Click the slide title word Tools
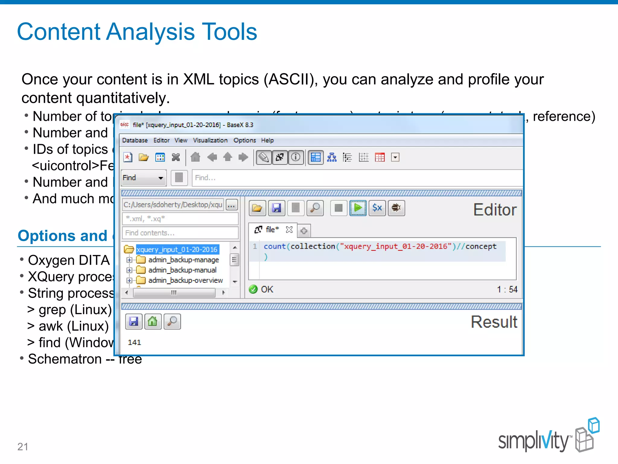click(x=229, y=32)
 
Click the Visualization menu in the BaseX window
click(x=210, y=140)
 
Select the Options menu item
click(x=244, y=140)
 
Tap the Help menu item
click(x=267, y=140)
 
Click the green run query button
click(x=358, y=208)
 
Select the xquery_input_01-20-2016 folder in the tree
click(x=177, y=250)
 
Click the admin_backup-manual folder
click(x=182, y=270)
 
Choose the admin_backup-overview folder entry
click(x=185, y=280)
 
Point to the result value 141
click(x=134, y=342)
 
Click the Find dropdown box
click(x=143, y=178)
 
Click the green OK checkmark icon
click(x=253, y=289)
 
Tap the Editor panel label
click(x=495, y=210)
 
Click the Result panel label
click(x=494, y=322)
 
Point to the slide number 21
click(x=23, y=446)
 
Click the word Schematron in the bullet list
click(x=65, y=359)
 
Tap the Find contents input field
click(x=180, y=233)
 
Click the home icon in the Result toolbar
click(x=153, y=321)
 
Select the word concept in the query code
click(x=481, y=246)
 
